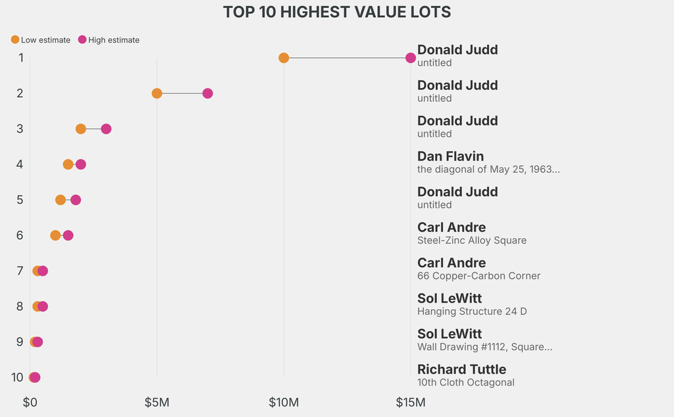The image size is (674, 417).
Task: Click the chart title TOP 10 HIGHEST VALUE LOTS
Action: [x=337, y=12]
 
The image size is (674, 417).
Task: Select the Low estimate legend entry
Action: [x=41, y=40]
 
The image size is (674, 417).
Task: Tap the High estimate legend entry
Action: [x=109, y=40]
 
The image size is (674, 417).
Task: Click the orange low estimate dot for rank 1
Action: [x=284, y=58]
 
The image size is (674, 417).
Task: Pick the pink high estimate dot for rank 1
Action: [x=411, y=58]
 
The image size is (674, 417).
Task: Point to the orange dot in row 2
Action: [x=157, y=93]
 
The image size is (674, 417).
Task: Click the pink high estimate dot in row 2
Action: [x=207, y=93]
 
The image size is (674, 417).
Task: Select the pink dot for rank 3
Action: [x=106, y=129]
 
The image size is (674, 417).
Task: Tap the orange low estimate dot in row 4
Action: [x=68, y=164]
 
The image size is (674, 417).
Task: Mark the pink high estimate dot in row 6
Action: [x=68, y=235]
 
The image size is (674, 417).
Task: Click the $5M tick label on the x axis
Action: [x=157, y=402]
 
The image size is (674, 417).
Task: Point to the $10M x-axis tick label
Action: [x=284, y=402]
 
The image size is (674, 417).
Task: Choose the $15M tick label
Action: [x=411, y=402]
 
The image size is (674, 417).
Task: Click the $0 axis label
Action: [x=30, y=402]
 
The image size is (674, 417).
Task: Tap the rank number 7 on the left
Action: [x=20, y=271]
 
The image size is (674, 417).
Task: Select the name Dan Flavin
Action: [x=450, y=157]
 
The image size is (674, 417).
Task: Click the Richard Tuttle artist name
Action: [x=461, y=370]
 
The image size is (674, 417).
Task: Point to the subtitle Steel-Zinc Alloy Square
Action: [x=471, y=241]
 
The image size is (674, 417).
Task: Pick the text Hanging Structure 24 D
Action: [x=471, y=312]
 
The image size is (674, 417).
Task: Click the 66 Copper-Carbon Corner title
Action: [x=479, y=276]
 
